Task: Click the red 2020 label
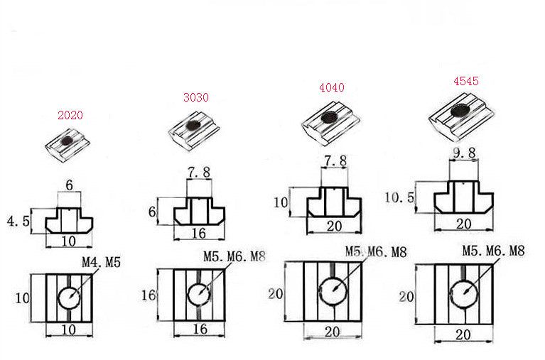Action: (70, 115)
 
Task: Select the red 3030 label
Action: (196, 97)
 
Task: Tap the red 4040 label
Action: (332, 87)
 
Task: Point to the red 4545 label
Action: (466, 81)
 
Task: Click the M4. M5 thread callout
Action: (101, 262)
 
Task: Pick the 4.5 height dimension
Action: (18, 222)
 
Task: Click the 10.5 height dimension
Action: (400, 197)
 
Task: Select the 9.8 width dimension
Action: (465, 153)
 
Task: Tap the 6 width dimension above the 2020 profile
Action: (69, 185)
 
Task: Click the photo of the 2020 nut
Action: (68, 145)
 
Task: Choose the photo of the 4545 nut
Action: (462, 116)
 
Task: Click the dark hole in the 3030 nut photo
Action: (193, 125)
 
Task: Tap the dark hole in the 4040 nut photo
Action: (329, 117)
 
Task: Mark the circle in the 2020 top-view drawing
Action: (70, 298)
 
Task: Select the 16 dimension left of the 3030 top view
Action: (149, 295)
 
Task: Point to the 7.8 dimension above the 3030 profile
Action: (199, 173)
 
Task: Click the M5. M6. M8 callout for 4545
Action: (493, 251)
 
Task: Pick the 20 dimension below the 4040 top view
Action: (333, 332)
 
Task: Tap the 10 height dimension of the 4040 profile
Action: (281, 202)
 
